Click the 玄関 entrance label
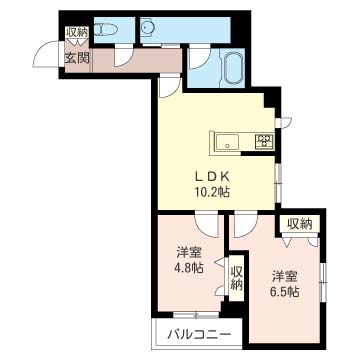point(77,57)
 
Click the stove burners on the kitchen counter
point(266,141)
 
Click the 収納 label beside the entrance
point(77,33)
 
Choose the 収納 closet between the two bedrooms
point(236,276)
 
